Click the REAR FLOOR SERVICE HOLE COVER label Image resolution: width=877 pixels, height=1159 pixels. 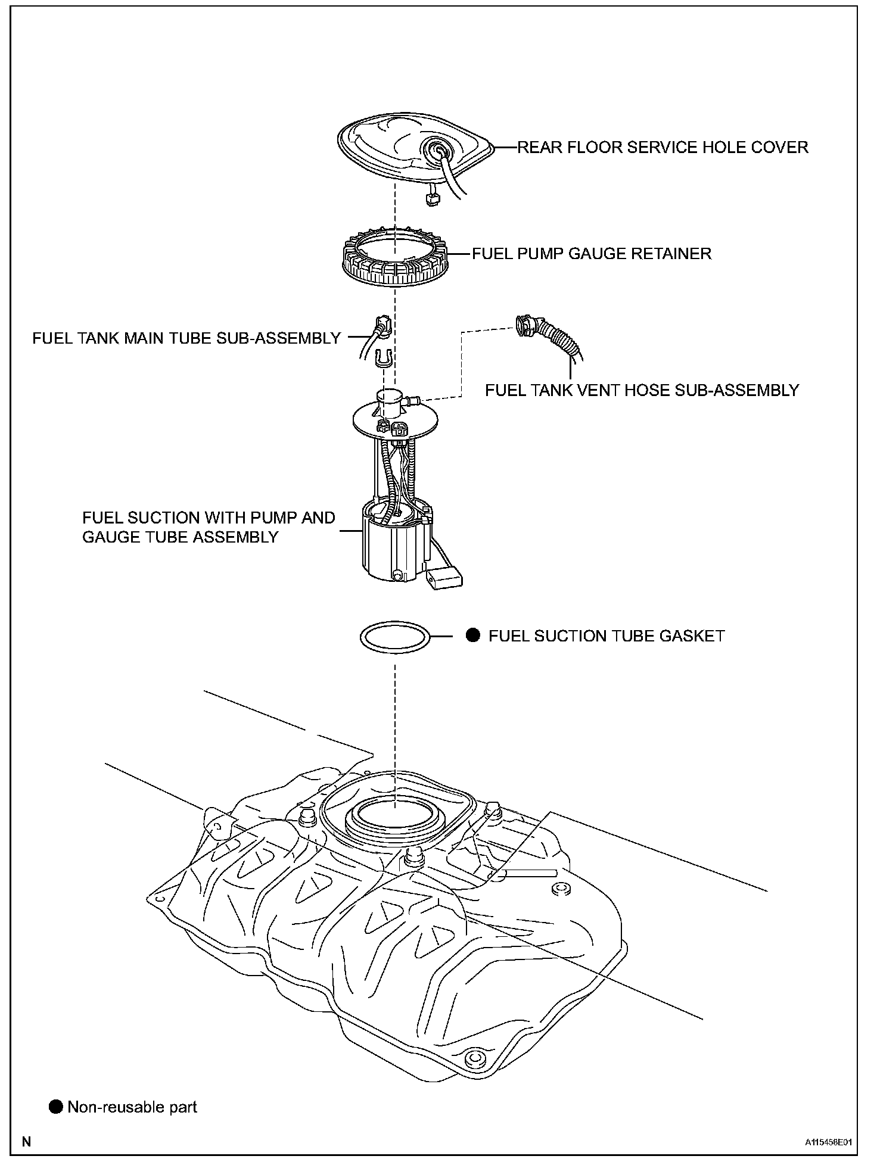point(663,147)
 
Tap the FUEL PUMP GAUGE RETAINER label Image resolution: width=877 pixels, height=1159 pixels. point(592,254)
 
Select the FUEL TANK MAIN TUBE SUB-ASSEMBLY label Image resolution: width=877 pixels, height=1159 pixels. point(186,338)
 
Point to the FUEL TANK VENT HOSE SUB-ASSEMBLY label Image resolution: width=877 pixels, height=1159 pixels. point(642,390)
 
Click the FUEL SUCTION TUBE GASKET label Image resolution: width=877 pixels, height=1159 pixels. point(607,636)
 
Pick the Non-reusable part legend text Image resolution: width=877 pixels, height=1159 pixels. point(132,1107)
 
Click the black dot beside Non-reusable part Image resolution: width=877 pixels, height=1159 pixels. point(56,1107)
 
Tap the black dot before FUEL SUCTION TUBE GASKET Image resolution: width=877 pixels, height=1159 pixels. point(472,635)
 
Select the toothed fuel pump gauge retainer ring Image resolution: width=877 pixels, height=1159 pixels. point(395,259)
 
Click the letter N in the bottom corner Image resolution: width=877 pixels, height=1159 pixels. point(26,1142)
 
